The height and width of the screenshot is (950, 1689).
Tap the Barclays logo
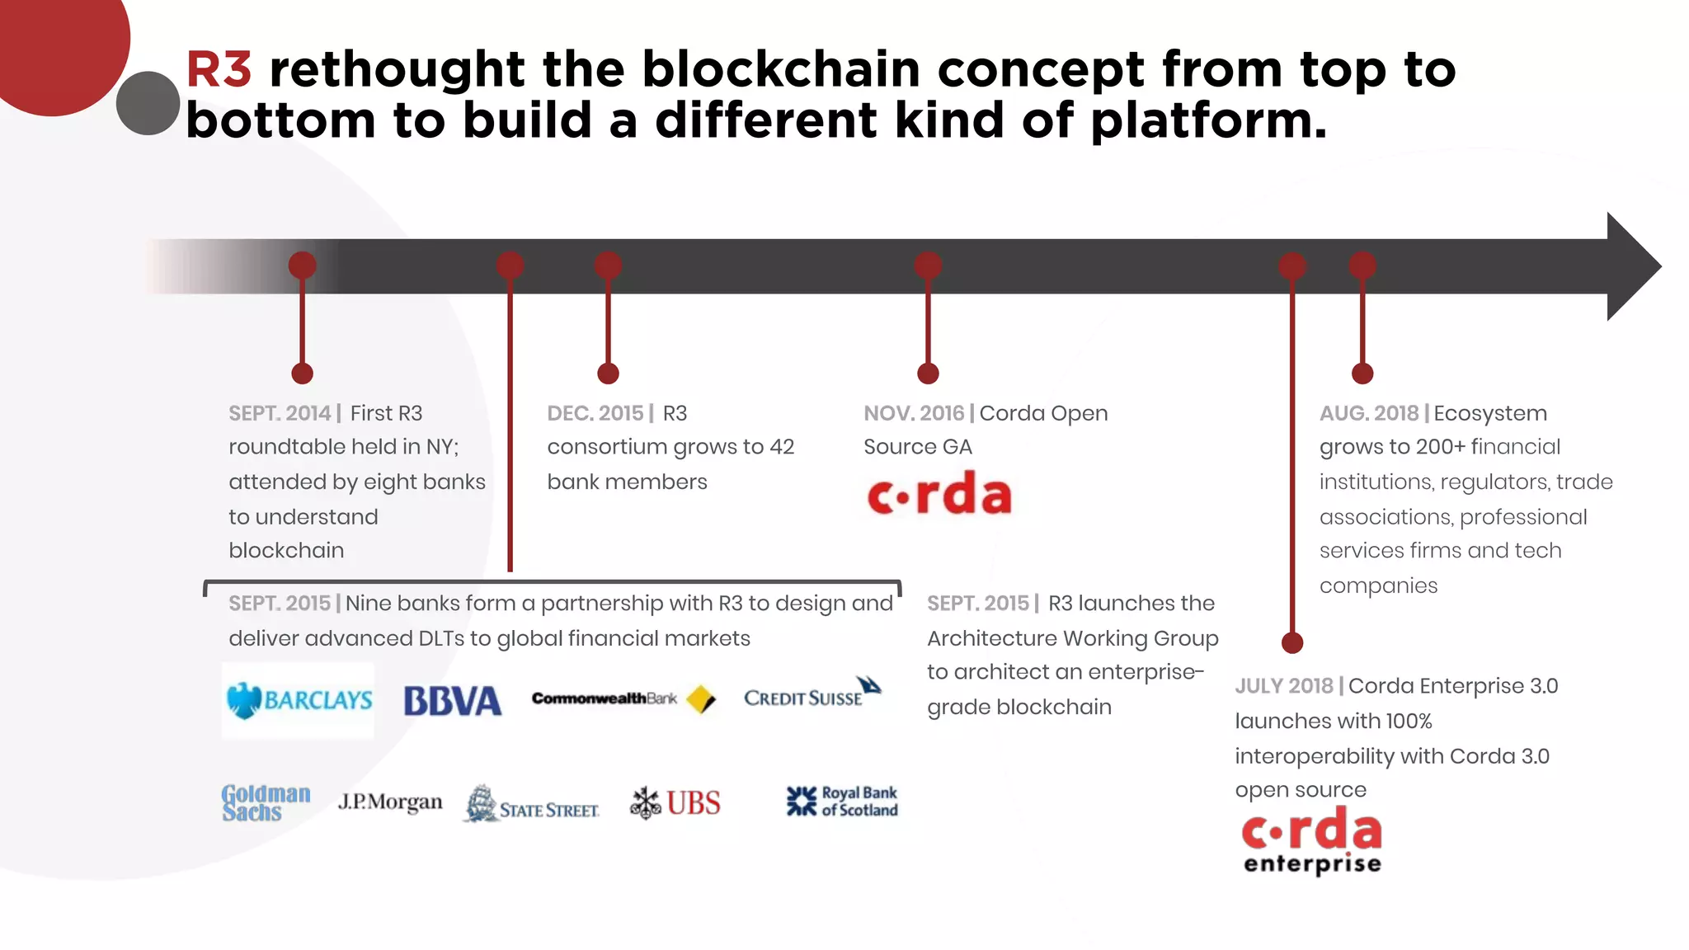tap(299, 700)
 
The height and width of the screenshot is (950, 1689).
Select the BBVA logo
tap(452, 701)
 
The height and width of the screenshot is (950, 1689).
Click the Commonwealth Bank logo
tap(623, 698)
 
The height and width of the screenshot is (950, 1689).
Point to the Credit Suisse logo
tap(812, 694)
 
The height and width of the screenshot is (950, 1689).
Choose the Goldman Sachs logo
tap(266, 802)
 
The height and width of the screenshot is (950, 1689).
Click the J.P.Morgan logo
tap(390, 802)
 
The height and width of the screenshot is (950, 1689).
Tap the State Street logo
tap(532, 804)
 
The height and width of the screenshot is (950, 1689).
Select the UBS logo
tap(675, 802)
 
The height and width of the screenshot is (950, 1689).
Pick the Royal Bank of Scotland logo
tap(842, 801)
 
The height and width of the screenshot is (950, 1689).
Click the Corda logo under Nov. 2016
tap(939, 494)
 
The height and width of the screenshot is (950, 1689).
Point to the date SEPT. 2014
tap(280, 413)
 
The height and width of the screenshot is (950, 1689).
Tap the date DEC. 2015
tap(595, 413)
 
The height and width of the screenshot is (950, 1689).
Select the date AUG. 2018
tap(1368, 413)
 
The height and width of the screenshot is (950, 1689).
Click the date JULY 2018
tap(1283, 686)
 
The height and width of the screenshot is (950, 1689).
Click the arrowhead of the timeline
tap(1632, 266)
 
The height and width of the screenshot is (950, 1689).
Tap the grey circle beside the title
tap(148, 103)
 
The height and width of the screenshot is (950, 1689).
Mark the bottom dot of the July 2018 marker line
tap(1292, 642)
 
